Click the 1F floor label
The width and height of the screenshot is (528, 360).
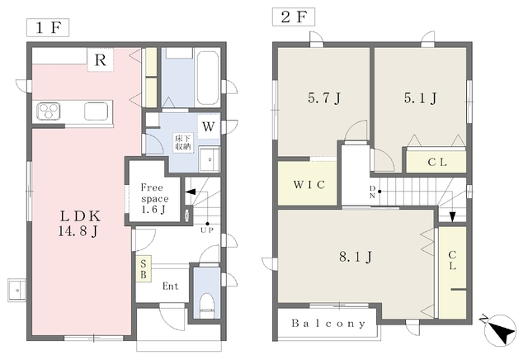click(48, 27)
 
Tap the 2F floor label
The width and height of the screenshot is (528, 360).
click(294, 17)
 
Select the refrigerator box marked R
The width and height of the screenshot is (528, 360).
click(101, 60)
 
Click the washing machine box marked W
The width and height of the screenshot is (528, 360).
click(209, 126)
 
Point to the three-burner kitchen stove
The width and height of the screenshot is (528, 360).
click(49, 111)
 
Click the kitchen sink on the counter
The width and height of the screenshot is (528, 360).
click(97, 111)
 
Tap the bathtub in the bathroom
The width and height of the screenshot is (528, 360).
click(207, 78)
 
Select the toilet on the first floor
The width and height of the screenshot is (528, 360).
click(207, 305)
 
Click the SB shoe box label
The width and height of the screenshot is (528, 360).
click(144, 268)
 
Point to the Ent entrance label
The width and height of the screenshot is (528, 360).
click(171, 287)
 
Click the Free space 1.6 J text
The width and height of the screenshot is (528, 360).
click(154, 198)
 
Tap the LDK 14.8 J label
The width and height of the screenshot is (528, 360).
click(80, 224)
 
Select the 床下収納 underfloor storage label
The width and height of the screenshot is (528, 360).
click(183, 143)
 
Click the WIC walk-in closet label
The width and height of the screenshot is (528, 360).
click(309, 185)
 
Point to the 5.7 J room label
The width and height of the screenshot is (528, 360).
click(324, 98)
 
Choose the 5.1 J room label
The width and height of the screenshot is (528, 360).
click(421, 98)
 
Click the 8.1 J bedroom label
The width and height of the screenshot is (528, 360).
click(356, 257)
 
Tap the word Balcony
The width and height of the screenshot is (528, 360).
click(328, 324)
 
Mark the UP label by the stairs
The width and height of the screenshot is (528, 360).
click(207, 230)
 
